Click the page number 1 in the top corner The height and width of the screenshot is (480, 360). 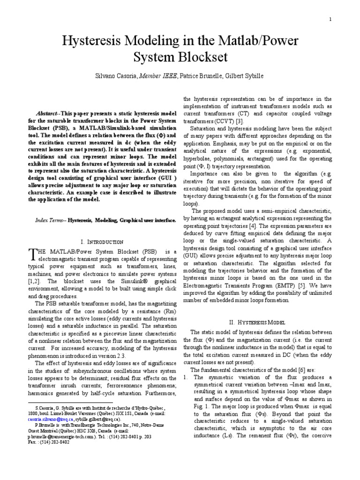pyautogui.click(x=330, y=19)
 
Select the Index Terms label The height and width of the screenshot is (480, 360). pyautogui.click(x=50, y=220)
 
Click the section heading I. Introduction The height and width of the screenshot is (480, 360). pyautogui.click(x=102, y=242)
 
